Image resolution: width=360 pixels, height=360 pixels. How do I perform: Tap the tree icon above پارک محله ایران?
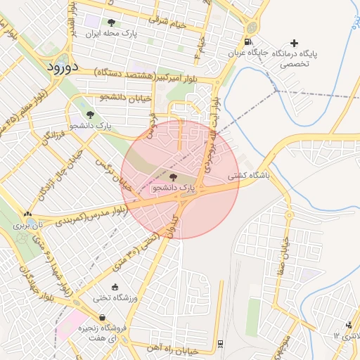[x=111, y=22]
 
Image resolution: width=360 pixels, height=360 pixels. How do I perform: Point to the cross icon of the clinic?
[x=294, y=44]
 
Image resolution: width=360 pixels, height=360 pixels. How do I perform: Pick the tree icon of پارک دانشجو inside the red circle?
[x=174, y=177]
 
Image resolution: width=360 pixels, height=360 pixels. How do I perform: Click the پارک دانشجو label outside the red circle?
[x=91, y=126]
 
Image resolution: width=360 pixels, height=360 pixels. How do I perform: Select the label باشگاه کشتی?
[x=246, y=178]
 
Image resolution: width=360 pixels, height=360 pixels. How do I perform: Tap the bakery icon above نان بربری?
[x=27, y=214]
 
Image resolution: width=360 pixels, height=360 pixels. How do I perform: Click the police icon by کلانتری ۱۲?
[x=349, y=324]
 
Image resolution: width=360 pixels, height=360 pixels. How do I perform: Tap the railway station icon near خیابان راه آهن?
[x=221, y=343]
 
